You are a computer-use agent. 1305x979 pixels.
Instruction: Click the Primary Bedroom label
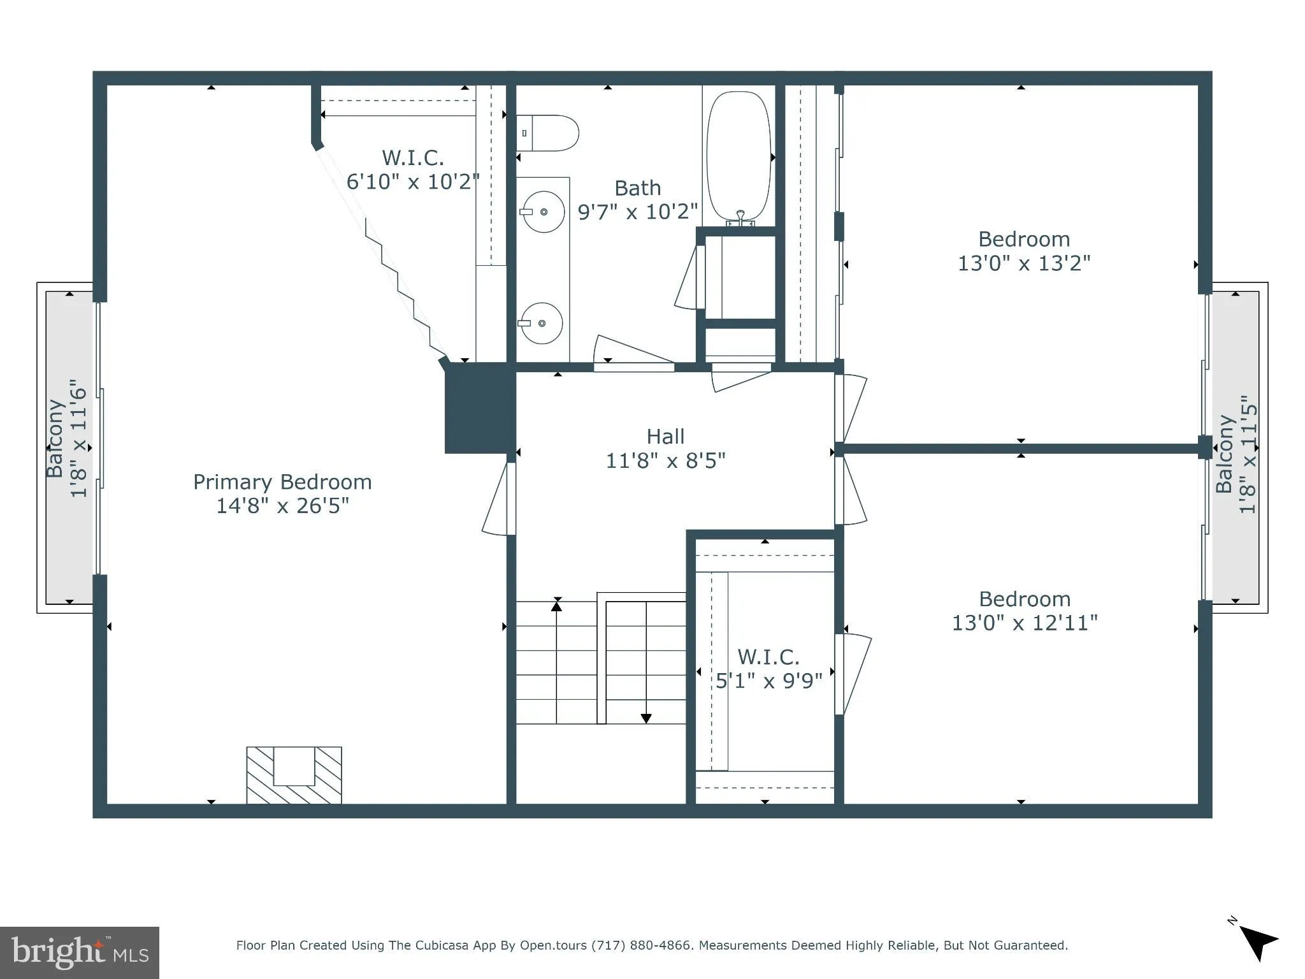pyautogui.click(x=282, y=482)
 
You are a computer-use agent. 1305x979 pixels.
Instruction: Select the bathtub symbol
pyautogui.click(x=739, y=156)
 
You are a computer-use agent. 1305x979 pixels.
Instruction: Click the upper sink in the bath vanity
pyautogui.click(x=543, y=212)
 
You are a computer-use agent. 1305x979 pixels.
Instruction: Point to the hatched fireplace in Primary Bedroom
pyautogui.click(x=294, y=774)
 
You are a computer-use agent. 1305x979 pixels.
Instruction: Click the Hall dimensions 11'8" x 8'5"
pyautogui.click(x=665, y=460)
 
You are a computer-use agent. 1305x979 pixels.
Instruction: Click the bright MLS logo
pyautogui.click(x=79, y=953)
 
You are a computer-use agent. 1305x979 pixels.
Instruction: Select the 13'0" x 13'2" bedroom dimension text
pyautogui.click(x=1024, y=263)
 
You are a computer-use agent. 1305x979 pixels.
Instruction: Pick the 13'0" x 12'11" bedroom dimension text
pyautogui.click(x=1024, y=623)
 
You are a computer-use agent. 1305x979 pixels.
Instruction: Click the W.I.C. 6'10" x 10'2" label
pyautogui.click(x=413, y=170)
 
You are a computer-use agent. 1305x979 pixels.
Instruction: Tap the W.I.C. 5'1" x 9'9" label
pyautogui.click(x=768, y=669)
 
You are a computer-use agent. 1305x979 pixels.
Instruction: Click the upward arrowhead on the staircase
pyautogui.click(x=557, y=606)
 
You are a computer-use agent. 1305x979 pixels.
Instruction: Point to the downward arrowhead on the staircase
pyautogui.click(x=646, y=718)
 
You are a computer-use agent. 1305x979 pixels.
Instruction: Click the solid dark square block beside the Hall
pyautogui.click(x=479, y=409)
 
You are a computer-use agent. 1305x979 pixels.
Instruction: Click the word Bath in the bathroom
pyautogui.click(x=637, y=188)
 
